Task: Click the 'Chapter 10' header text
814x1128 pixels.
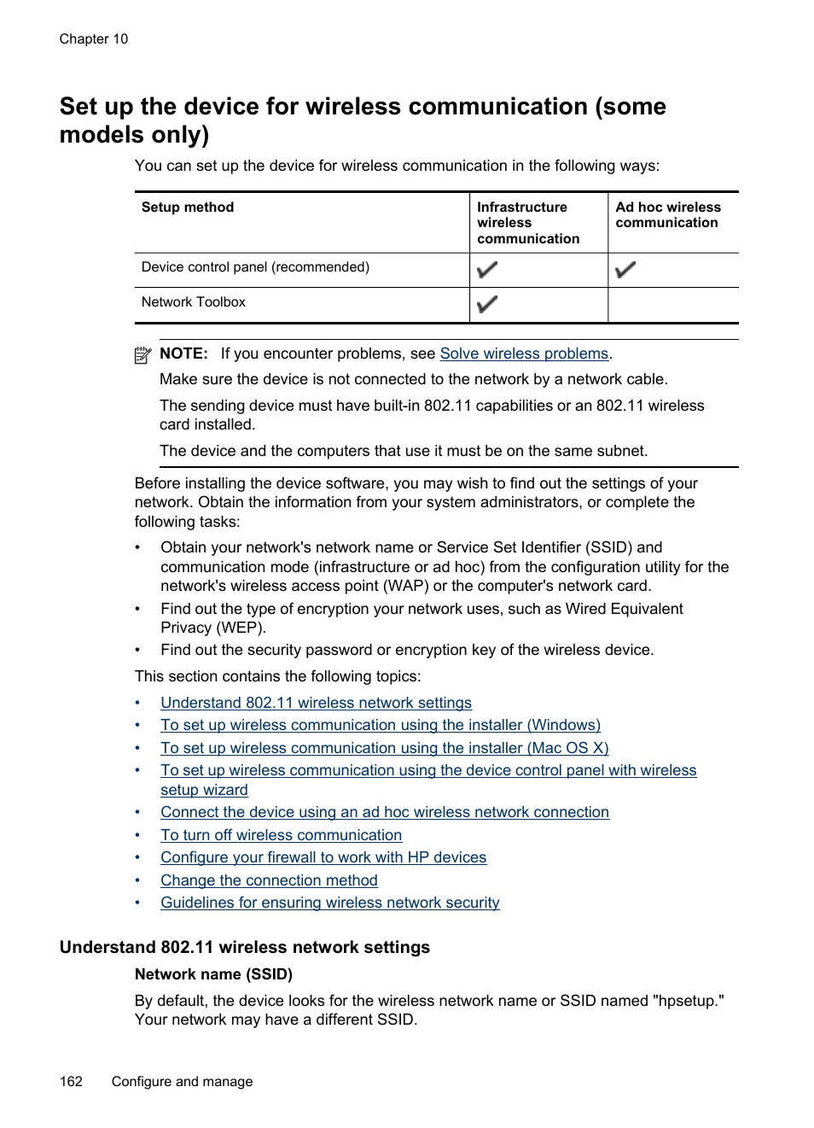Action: click(94, 39)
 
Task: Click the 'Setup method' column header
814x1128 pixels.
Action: click(188, 207)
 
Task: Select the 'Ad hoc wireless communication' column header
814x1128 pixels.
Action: click(668, 215)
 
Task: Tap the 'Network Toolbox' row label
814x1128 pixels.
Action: click(194, 302)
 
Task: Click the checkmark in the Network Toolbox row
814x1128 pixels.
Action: click(487, 304)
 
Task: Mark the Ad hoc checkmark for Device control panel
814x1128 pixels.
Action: click(625, 270)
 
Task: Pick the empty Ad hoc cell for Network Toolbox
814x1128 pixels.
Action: click(673, 305)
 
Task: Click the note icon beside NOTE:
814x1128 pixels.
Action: click(143, 355)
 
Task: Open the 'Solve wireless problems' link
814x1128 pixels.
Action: click(524, 354)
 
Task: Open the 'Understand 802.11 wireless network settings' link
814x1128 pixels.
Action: click(316, 703)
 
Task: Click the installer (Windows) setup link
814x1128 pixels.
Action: click(381, 725)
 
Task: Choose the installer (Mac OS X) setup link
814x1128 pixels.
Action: click(384, 748)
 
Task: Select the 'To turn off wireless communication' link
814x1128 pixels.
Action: click(281, 835)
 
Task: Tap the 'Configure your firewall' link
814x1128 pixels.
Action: click(323, 857)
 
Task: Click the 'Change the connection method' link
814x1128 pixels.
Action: click(269, 880)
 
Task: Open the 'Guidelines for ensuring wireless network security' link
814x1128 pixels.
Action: click(329, 903)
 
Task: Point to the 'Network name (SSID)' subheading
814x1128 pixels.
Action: click(213, 974)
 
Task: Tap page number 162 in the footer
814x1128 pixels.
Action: click(71, 1082)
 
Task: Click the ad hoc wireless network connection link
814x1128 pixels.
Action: click(385, 812)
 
